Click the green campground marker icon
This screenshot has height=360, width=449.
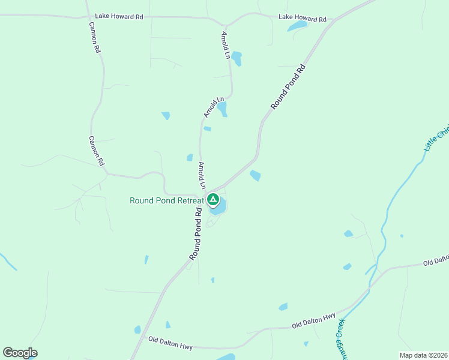pos(212,199)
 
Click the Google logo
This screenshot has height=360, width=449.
pos(20,353)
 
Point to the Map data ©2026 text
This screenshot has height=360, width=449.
pos(424,355)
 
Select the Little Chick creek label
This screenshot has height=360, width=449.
pos(436,139)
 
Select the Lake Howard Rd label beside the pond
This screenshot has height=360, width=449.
pos(303,18)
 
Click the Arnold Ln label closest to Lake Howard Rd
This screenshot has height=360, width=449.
pos(226,45)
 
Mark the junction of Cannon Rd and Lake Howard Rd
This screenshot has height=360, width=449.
pos(88,17)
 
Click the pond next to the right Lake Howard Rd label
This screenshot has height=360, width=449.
pos(297,26)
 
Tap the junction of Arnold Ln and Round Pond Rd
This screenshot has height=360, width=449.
pos(207,191)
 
